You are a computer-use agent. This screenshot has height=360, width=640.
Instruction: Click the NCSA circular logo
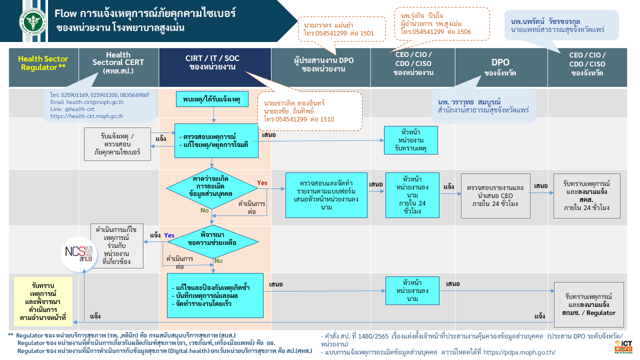79,254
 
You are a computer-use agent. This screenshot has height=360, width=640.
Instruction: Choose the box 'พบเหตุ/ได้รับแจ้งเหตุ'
212,99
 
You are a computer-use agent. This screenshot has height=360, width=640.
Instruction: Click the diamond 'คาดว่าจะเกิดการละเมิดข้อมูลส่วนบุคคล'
211,188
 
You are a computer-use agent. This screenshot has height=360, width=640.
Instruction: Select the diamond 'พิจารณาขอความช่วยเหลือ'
212,241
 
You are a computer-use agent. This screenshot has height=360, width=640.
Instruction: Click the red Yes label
262,183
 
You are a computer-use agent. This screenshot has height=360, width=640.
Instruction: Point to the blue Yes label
169,235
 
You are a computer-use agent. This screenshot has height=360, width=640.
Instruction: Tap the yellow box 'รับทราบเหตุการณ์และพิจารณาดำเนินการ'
43,301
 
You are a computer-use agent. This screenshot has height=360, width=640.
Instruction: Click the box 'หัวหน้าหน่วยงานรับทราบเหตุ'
411,140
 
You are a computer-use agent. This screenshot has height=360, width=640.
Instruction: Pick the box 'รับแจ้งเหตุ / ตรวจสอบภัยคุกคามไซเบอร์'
117,144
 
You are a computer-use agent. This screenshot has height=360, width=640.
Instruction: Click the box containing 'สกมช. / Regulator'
588,304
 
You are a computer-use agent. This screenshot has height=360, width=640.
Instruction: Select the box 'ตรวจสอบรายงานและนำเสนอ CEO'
495,196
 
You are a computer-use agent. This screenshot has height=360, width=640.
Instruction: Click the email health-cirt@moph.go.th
87,102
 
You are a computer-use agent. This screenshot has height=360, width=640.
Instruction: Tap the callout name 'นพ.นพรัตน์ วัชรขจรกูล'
545,21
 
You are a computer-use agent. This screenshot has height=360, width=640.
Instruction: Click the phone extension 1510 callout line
299,119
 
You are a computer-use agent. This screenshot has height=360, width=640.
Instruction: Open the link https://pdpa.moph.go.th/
519,352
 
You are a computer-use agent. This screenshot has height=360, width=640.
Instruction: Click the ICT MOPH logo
623,347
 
